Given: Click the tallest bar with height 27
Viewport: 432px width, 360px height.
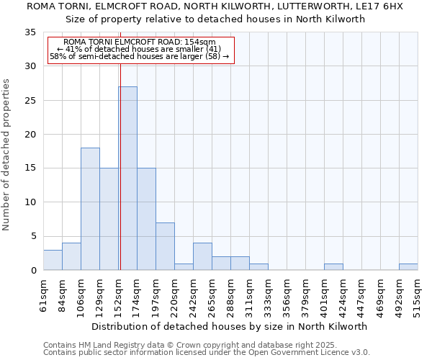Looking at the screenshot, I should click(127, 179).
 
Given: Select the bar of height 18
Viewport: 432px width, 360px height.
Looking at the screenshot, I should click(90, 209).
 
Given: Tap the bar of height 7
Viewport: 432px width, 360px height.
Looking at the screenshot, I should click(165, 246).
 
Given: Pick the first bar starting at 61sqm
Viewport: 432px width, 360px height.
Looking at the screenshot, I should click(53, 260).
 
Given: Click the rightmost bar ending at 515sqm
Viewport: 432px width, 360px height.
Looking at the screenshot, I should click(408, 267).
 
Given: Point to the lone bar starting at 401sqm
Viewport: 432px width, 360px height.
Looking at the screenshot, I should click(333, 267).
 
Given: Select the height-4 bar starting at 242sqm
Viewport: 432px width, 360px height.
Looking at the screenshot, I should click(202, 256).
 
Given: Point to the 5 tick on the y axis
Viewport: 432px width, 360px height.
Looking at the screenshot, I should click(32, 237).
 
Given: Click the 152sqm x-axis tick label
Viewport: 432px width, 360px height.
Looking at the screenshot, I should click(119, 295).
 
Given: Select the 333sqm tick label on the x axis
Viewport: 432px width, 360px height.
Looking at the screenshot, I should click(269, 295).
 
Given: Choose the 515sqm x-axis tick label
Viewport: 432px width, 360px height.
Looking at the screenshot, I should click(418, 295).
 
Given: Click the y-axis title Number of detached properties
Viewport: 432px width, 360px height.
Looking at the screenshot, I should click(7, 155).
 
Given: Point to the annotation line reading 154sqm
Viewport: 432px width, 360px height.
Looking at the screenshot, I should click(140, 42).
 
